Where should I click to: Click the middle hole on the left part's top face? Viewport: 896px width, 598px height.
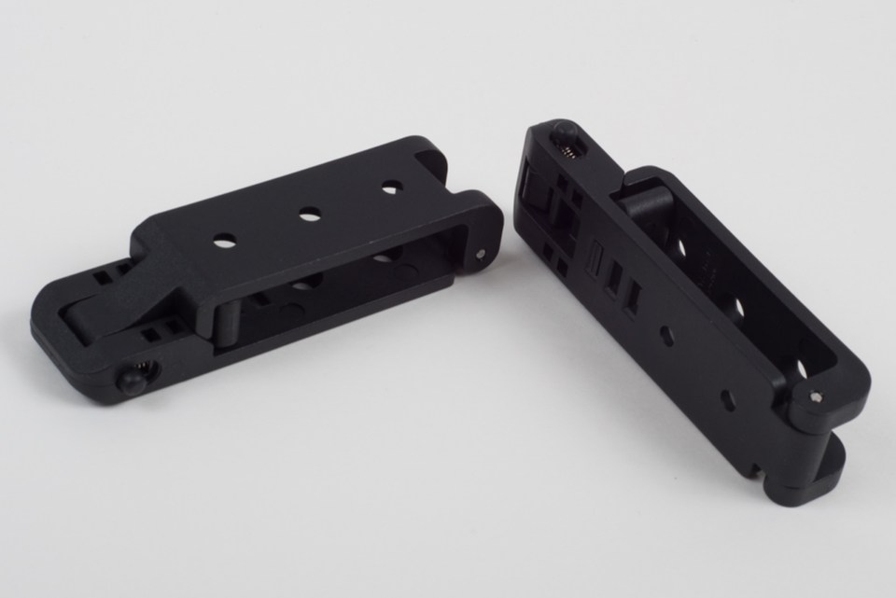(310, 215)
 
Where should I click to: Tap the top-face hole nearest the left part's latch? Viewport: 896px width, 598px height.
(224, 243)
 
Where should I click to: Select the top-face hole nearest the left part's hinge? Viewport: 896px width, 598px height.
(392, 188)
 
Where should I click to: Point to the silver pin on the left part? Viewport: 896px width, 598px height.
(481, 253)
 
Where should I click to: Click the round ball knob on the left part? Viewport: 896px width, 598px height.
(132, 381)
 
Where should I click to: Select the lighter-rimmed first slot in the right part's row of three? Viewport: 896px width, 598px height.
(594, 260)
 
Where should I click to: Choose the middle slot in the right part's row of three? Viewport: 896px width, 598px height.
(613, 279)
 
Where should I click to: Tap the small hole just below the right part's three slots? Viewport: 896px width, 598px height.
(666, 335)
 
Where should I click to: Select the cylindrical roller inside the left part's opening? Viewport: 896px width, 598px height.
(228, 322)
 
